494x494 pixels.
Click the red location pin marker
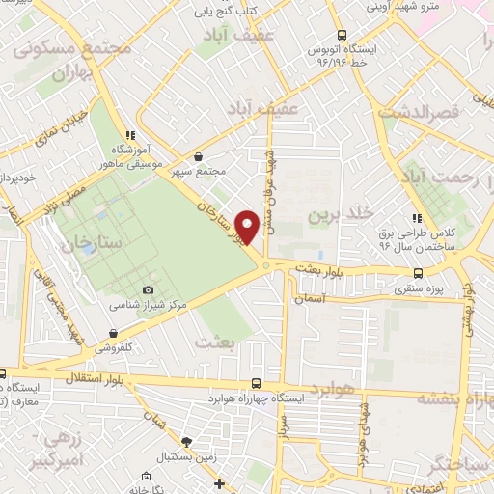point(248,226)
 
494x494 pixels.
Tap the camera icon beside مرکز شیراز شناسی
point(148,289)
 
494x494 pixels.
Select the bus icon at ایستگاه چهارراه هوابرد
point(256,383)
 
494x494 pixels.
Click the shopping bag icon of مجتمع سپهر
point(198,157)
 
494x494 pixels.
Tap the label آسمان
point(334,301)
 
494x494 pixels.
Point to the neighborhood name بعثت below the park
point(214,343)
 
